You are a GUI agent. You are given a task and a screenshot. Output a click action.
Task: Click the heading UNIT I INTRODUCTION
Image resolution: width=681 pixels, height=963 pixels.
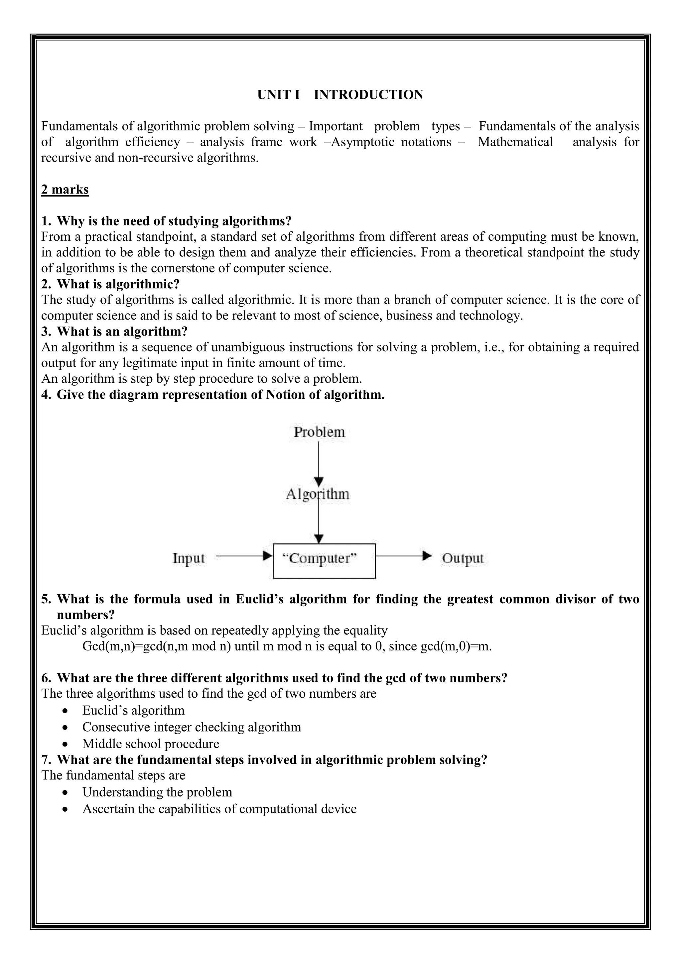pos(340,95)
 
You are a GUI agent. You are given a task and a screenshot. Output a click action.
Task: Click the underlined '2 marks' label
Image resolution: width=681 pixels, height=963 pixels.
pos(65,190)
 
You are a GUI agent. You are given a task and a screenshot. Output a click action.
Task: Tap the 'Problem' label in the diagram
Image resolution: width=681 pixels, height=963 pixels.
pos(319,432)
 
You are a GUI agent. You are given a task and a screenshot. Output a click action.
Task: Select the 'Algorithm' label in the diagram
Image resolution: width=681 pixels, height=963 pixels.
pos(318,494)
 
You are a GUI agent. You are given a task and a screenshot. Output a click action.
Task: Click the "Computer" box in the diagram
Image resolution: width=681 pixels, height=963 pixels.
pos(324,561)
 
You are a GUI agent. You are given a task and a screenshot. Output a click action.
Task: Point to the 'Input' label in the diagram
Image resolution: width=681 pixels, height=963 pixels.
pos(189,558)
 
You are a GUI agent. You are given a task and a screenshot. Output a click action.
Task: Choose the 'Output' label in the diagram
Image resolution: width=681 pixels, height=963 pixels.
pos(463,558)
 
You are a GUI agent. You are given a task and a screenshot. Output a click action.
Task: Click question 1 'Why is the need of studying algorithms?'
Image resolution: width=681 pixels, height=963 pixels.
pos(174,221)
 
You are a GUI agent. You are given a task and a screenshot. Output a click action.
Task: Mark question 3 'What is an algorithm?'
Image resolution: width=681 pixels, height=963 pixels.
pos(122,332)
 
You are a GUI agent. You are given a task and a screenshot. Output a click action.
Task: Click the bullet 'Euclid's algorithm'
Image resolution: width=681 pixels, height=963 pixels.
pos(133,711)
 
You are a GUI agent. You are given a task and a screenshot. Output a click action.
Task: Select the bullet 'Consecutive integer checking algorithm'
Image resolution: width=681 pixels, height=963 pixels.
pos(192,727)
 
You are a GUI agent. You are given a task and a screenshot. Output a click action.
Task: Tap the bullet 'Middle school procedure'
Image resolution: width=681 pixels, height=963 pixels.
pos(151,744)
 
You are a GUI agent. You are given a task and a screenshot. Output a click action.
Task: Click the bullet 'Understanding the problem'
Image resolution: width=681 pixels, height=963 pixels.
pos(157,792)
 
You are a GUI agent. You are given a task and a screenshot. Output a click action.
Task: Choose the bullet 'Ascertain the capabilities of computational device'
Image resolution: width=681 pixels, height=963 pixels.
pos(219,809)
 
